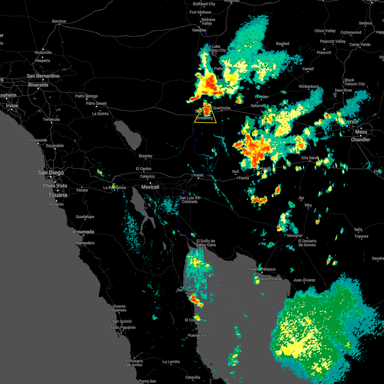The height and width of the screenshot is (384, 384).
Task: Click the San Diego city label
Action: point(51,173)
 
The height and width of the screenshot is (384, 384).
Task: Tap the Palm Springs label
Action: point(86,96)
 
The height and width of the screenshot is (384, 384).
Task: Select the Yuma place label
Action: point(198,175)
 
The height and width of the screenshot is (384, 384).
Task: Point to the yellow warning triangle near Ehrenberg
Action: point(205,116)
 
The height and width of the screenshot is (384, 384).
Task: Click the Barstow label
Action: point(59,21)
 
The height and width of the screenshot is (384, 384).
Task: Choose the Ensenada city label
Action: point(84,232)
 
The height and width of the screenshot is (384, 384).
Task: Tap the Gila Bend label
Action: point(309,158)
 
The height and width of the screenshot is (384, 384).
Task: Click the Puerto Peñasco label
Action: point(262,269)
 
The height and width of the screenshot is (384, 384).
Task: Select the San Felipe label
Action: point(186,290)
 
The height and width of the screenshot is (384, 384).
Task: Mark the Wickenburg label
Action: point(309,86)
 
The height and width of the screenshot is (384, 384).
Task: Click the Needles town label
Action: point(199,30)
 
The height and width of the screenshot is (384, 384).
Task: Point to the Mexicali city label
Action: point(150,187)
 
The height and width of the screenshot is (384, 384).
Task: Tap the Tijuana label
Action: point(58,195)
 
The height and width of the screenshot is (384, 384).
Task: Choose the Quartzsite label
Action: point(221,108)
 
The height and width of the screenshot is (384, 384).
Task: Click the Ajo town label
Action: point(301,198)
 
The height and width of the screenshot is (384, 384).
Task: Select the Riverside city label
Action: point(38,85)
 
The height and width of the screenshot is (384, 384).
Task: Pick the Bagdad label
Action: point(283,44)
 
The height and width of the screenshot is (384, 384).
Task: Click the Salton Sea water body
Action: point(128,134)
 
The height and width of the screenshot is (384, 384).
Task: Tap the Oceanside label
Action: point(38,140)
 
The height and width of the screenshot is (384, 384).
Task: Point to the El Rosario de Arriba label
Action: point(134,363)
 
